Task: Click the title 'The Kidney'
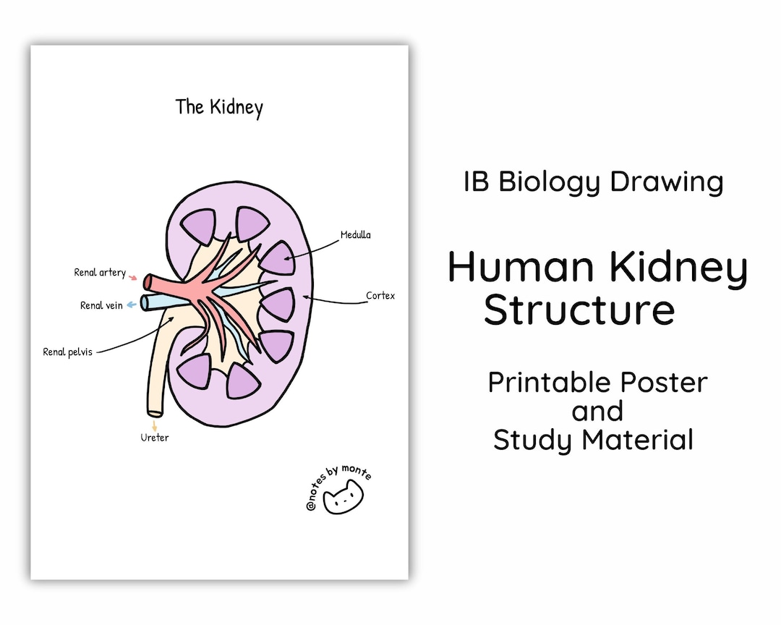pos(219,108)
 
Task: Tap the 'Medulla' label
pos(356,235)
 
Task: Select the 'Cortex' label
pos(380,296)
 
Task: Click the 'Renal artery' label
pos(100,273)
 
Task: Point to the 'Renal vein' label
pos(101,305)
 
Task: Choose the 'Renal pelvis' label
pos(68,352)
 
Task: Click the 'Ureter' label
pos(155,438)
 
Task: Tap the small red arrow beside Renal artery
pos(132,276)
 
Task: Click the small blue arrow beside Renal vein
pos(131,305)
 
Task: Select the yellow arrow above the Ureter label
pos(154,425)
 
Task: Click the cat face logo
pos(343,498)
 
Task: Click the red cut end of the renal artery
pos(147,282)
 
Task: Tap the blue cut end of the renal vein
pos(145,302)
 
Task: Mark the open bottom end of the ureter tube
pos(155,413)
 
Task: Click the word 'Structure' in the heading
pos(579,310)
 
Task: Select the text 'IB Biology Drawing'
pos(593,182)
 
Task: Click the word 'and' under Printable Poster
pos(597,411)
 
